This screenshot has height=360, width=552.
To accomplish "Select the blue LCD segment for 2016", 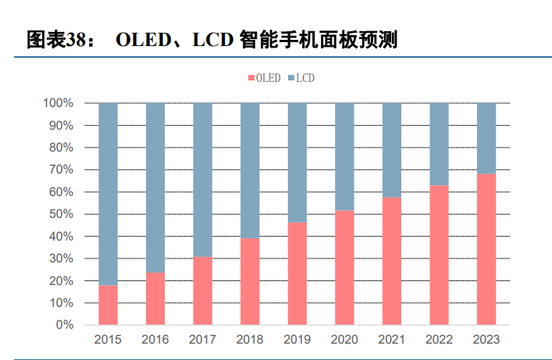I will pos(155,187).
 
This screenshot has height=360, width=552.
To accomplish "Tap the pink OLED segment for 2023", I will pos(486,249).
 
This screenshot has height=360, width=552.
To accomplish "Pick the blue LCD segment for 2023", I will pos(486,138).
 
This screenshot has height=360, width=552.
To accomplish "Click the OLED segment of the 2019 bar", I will pos(297,273).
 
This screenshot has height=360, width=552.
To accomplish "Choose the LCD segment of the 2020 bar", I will pos(344,156).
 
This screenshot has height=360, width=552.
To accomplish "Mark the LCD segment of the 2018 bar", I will pos(250,170).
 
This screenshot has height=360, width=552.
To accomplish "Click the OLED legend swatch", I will pos(251,78).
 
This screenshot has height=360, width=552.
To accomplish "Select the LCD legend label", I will pos(305,78).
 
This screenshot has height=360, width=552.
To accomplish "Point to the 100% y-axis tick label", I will pos(58,103).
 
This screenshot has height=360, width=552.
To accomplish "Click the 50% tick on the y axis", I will pos(61,214).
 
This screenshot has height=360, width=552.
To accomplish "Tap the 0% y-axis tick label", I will pos(64,325).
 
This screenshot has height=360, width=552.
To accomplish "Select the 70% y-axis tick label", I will pos(61,169).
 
